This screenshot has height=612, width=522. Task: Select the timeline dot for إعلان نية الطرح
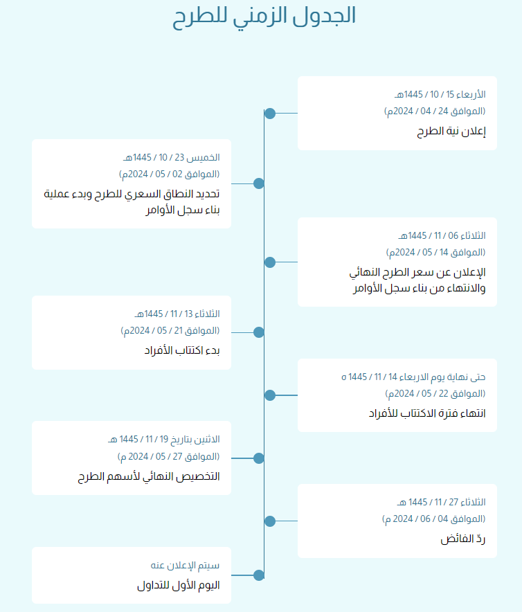(270, 113)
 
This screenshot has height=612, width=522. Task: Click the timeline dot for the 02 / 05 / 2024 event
(259, 183)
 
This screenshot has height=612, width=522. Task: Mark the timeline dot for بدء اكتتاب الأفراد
(259, 332)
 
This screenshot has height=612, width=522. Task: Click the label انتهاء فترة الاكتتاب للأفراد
(426, 413)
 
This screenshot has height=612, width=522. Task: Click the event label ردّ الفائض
(463, 538)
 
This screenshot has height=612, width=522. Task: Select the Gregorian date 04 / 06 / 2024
(433, 519)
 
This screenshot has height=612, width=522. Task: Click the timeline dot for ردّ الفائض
(270, 521)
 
